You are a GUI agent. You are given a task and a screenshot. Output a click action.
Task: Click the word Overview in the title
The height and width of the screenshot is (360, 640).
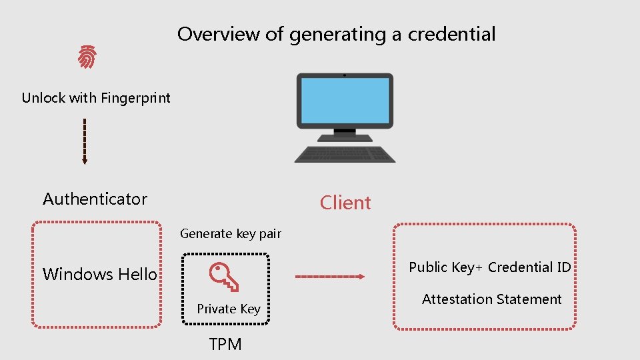click(220, 34)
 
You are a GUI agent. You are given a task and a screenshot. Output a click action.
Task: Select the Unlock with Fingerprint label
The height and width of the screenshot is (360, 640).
click(96, 98)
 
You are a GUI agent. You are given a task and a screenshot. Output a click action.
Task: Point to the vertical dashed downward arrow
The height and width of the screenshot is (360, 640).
click(85, 141)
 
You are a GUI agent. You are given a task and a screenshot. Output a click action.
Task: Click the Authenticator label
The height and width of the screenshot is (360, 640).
click(95, 199)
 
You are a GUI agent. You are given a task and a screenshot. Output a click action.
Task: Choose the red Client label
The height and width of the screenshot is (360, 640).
click(345, 203)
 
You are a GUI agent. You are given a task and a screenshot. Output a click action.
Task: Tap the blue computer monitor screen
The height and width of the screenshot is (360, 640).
click(344, 100)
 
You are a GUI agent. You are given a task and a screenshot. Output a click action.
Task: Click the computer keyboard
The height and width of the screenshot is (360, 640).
click(345, 154)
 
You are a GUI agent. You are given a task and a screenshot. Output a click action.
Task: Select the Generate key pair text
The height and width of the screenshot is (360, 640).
click(231, 234)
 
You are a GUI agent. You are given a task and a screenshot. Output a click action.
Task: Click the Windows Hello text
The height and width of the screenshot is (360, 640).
click(100, 274)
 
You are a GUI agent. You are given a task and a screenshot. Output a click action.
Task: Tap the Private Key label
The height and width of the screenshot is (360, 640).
click(229, 309)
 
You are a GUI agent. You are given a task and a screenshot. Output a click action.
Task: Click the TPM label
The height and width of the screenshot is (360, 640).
click(225, 344)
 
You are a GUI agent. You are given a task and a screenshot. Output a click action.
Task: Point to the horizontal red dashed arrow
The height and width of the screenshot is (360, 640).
click(329, 276)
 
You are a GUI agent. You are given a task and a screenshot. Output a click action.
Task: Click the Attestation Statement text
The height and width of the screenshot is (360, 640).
click(492, 299)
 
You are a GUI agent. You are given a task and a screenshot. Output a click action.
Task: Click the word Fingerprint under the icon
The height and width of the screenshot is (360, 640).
click(136, 98)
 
